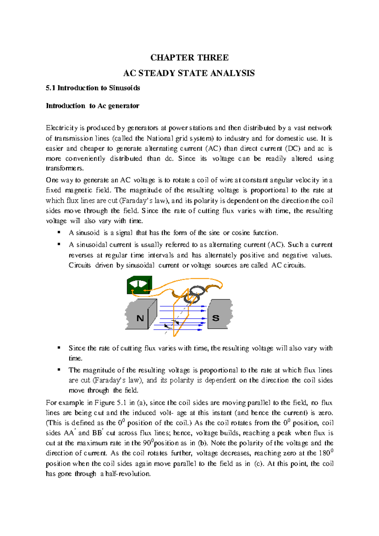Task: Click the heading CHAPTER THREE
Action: [x=189, y=57]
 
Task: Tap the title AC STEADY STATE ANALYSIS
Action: [x=189, y=73]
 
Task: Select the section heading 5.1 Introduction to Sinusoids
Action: [x=93, y=88]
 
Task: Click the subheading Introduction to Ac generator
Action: [x=93, y=106]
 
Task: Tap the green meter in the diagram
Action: [x=139, y=285]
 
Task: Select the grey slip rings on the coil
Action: [x=195, y=295]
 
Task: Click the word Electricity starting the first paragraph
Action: [x=62, y=128]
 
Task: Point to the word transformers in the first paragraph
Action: [x=65, y=168]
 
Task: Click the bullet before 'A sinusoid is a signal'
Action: [x=59, y=232]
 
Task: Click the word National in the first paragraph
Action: [x=160, y=138]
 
